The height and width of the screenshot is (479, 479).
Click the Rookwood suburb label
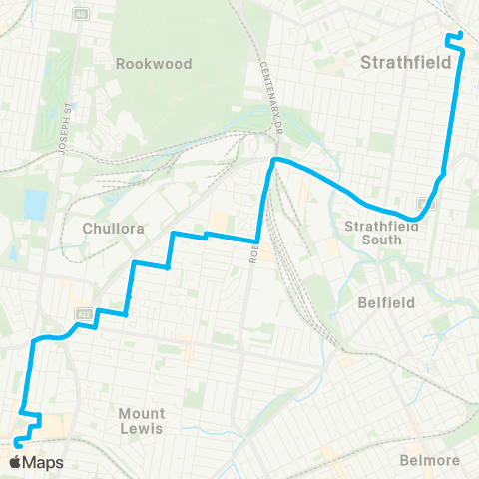[153, 63]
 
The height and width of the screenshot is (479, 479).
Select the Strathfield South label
[372, 232]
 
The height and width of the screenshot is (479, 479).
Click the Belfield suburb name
[384, 300]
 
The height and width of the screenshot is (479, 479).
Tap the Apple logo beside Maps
[15, 462]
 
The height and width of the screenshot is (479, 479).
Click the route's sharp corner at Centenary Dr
[273, 160]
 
